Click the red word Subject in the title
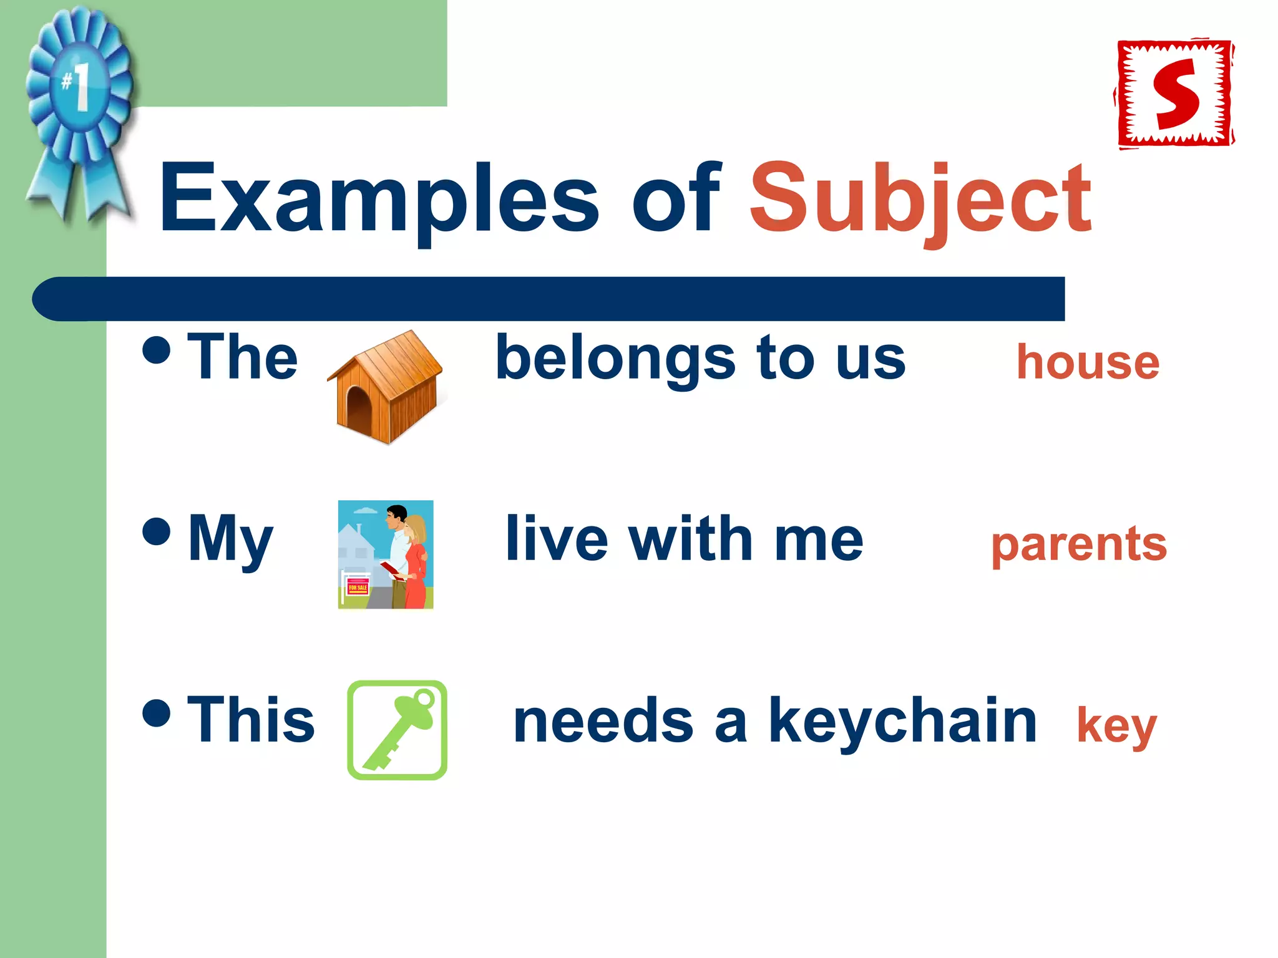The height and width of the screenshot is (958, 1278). pos(920,198)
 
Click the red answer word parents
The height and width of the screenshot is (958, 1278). pos(1078,544)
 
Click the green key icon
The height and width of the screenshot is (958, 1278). pos(398,729)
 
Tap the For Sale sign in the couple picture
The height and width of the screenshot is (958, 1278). pos(358,587)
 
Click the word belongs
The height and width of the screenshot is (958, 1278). pos(615,359)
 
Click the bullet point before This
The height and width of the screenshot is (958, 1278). pos(156,713)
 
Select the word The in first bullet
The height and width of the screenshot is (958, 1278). pos(242,357)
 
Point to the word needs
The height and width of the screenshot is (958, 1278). pos(603,722)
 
